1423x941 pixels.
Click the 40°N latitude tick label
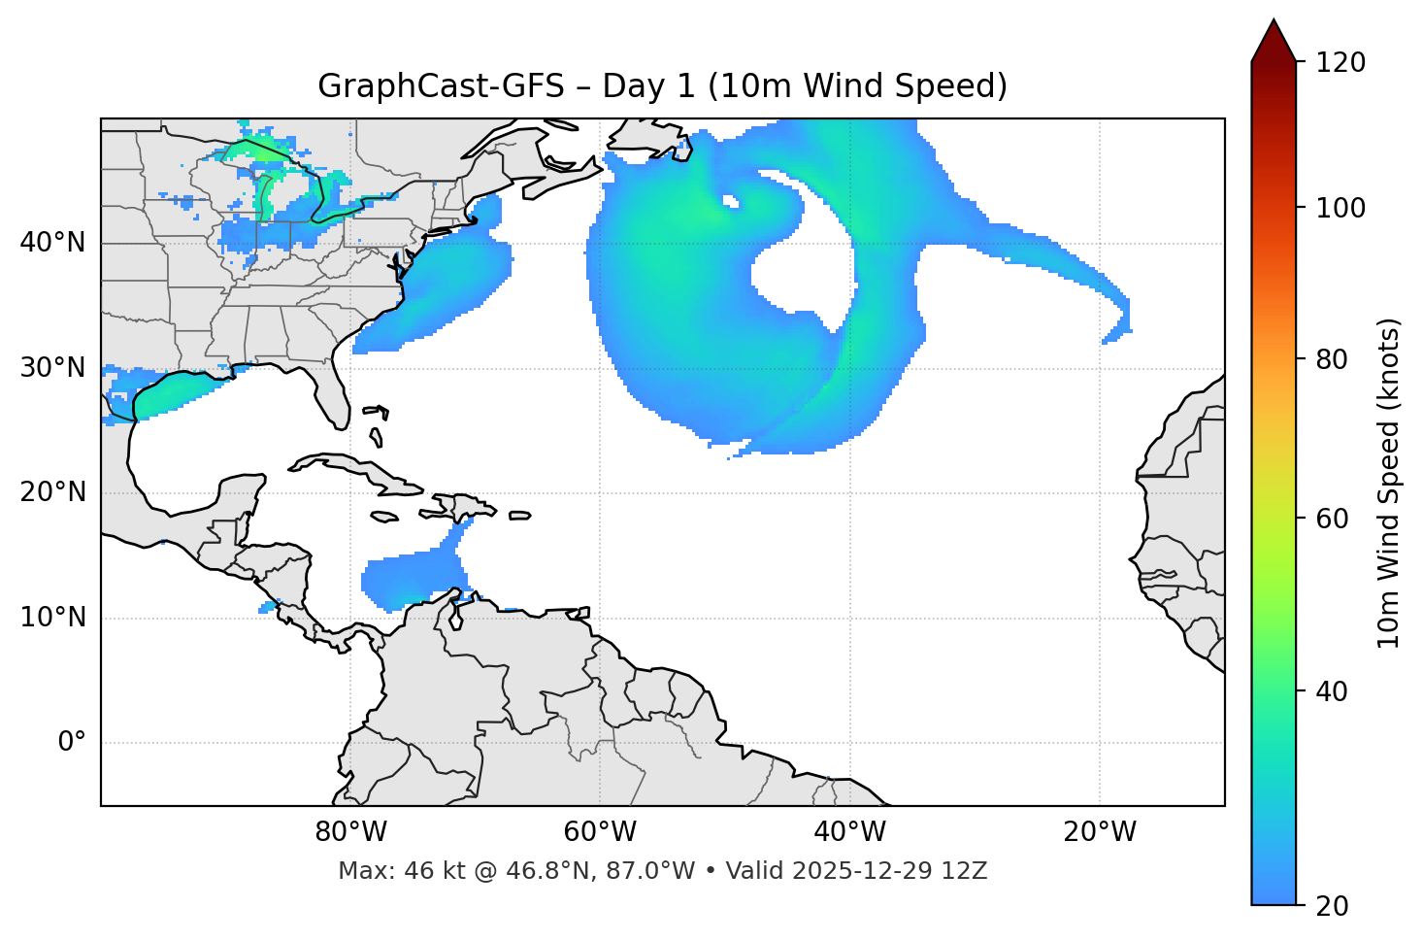(52, 243)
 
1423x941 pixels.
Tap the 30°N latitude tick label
(52, 368)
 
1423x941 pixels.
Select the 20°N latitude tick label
(52, 492)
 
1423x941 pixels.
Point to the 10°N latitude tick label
(52, 618)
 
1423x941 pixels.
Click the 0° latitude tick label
(71, 743)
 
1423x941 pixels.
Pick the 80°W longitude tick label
(350, 832)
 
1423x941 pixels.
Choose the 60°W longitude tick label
(600, 832)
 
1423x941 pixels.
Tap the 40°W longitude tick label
(849, 832)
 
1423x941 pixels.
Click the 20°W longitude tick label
(1100, 832)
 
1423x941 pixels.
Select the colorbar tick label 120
(1340, 63)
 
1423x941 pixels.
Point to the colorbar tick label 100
(1340, 208)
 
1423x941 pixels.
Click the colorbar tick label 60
(1332, 519)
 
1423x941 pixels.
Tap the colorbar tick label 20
(1332, 906)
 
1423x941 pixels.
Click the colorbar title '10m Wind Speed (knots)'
(1389, 483)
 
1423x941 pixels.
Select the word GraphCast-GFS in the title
(441, 86)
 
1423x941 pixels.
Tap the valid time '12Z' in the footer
(967, 871)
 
